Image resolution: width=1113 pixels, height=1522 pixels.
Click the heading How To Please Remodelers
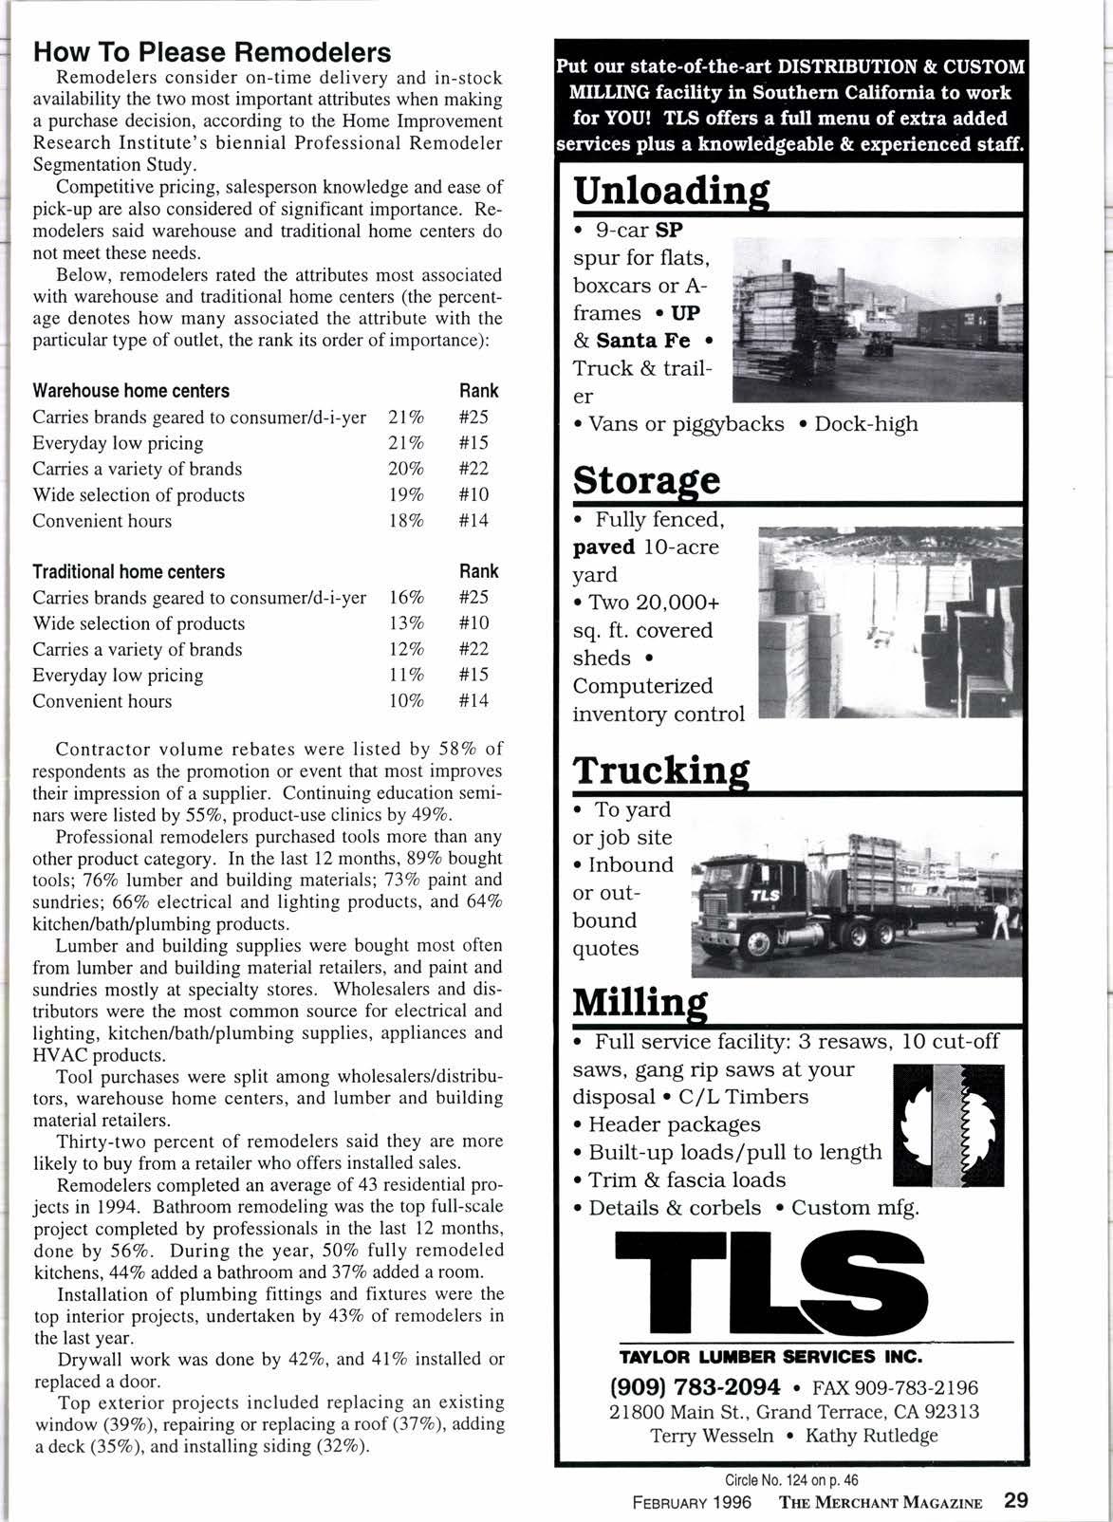[x=212, y=51]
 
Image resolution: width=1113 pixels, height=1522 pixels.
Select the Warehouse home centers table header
[x=131, y=391]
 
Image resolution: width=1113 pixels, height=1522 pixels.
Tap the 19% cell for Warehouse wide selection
[x=406, y=495]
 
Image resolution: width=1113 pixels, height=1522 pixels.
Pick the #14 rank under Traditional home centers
[x=473, y=701]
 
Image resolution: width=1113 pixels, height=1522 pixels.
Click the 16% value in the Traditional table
[x=406, y=598]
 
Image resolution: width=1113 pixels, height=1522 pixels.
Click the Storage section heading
[x=646, y=480]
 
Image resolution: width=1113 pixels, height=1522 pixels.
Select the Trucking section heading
[x=661, y=771]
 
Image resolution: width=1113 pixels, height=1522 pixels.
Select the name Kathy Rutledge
[x=871, y=1435]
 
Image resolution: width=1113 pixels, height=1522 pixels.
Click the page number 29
[x=1015, y=1501]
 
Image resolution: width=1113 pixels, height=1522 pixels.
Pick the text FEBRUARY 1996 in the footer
[x=692, y=1502]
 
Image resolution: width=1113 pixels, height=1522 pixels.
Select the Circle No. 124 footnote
[x=791, y=1479]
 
